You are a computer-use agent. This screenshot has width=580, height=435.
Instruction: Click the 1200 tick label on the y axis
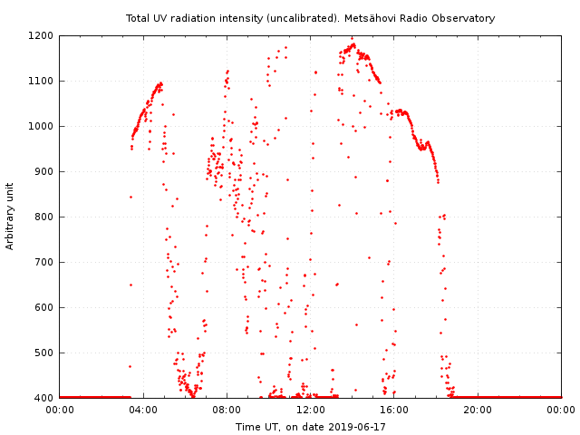(41, 36)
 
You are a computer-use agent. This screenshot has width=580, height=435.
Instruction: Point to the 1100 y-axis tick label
(41, 81)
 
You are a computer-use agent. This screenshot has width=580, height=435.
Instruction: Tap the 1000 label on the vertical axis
(41, 127)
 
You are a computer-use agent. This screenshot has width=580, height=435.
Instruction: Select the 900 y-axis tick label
(44, 171)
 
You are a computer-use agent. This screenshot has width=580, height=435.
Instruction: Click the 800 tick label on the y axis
(44, 217)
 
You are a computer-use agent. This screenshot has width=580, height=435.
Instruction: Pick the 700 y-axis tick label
(44, 262)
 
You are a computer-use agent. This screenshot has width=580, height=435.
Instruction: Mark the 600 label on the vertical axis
(44, 308)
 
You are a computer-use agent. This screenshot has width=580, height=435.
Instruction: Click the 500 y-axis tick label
(44, 353)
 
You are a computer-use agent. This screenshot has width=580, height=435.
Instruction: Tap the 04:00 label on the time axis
(143, 411)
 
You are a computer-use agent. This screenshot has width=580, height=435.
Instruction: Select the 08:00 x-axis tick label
(227, 411)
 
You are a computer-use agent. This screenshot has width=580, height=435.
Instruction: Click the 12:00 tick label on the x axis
(310, 411)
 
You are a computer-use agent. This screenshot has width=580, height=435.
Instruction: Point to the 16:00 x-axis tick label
(394, 411)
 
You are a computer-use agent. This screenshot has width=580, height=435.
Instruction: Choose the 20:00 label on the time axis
(478, 411)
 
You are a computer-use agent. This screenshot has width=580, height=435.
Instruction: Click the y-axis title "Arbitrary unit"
(10, 217)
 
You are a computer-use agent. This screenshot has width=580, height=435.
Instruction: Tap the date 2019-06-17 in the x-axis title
(357, 427)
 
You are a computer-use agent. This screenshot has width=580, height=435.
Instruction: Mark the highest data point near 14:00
(353, 38)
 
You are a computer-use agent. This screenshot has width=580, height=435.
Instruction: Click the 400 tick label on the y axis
(44, 399)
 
